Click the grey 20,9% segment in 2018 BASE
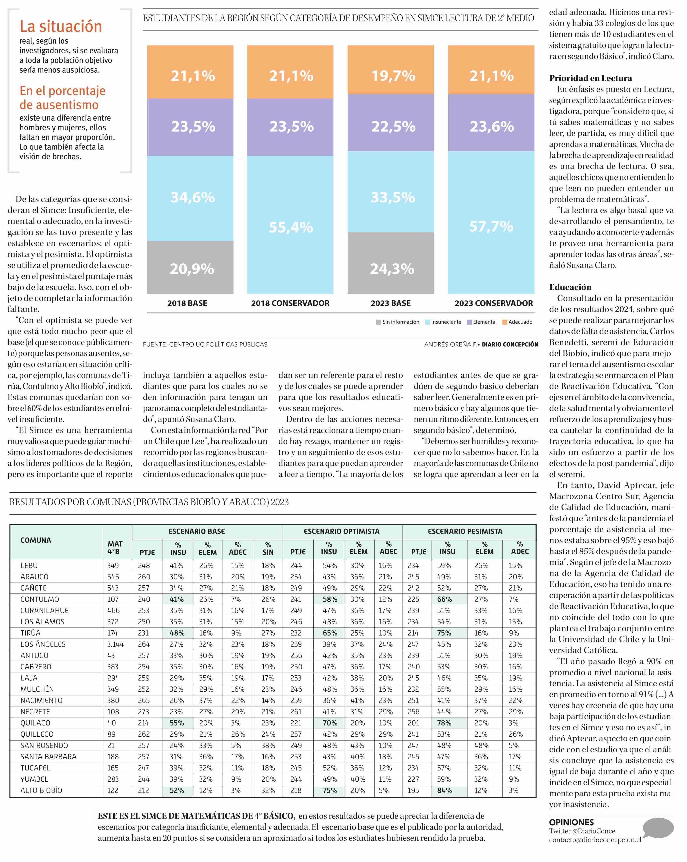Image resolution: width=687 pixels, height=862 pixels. (x=190, y=268)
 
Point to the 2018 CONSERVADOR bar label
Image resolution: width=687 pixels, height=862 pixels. (x=290, y=303)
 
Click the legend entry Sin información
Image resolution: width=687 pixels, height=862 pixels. (x=398, y=322)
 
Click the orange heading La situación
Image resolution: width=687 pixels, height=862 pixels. (x=61, y=26)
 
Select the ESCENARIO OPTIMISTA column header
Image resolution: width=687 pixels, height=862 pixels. (x=342, y=531)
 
